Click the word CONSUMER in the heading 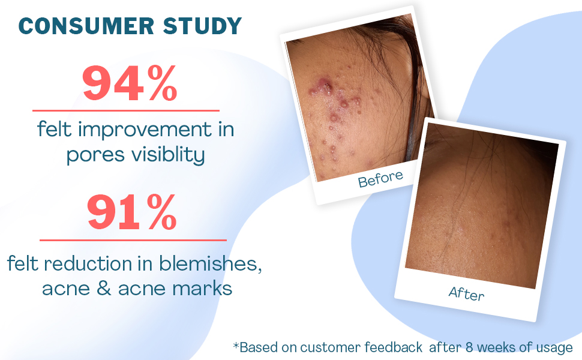(86, 26)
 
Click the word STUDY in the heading (202, 26)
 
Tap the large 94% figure (130, 83)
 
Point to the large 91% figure (131, 212)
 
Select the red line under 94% (126, 110)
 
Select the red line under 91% (133, 240)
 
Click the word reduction (88, 264)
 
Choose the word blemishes (210, 264)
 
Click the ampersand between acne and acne (104, 289)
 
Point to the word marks (202, 288)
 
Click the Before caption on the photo (380, 179)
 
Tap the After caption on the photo (467, 293)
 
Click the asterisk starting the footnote (236, 346)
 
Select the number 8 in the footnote (469, 347)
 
